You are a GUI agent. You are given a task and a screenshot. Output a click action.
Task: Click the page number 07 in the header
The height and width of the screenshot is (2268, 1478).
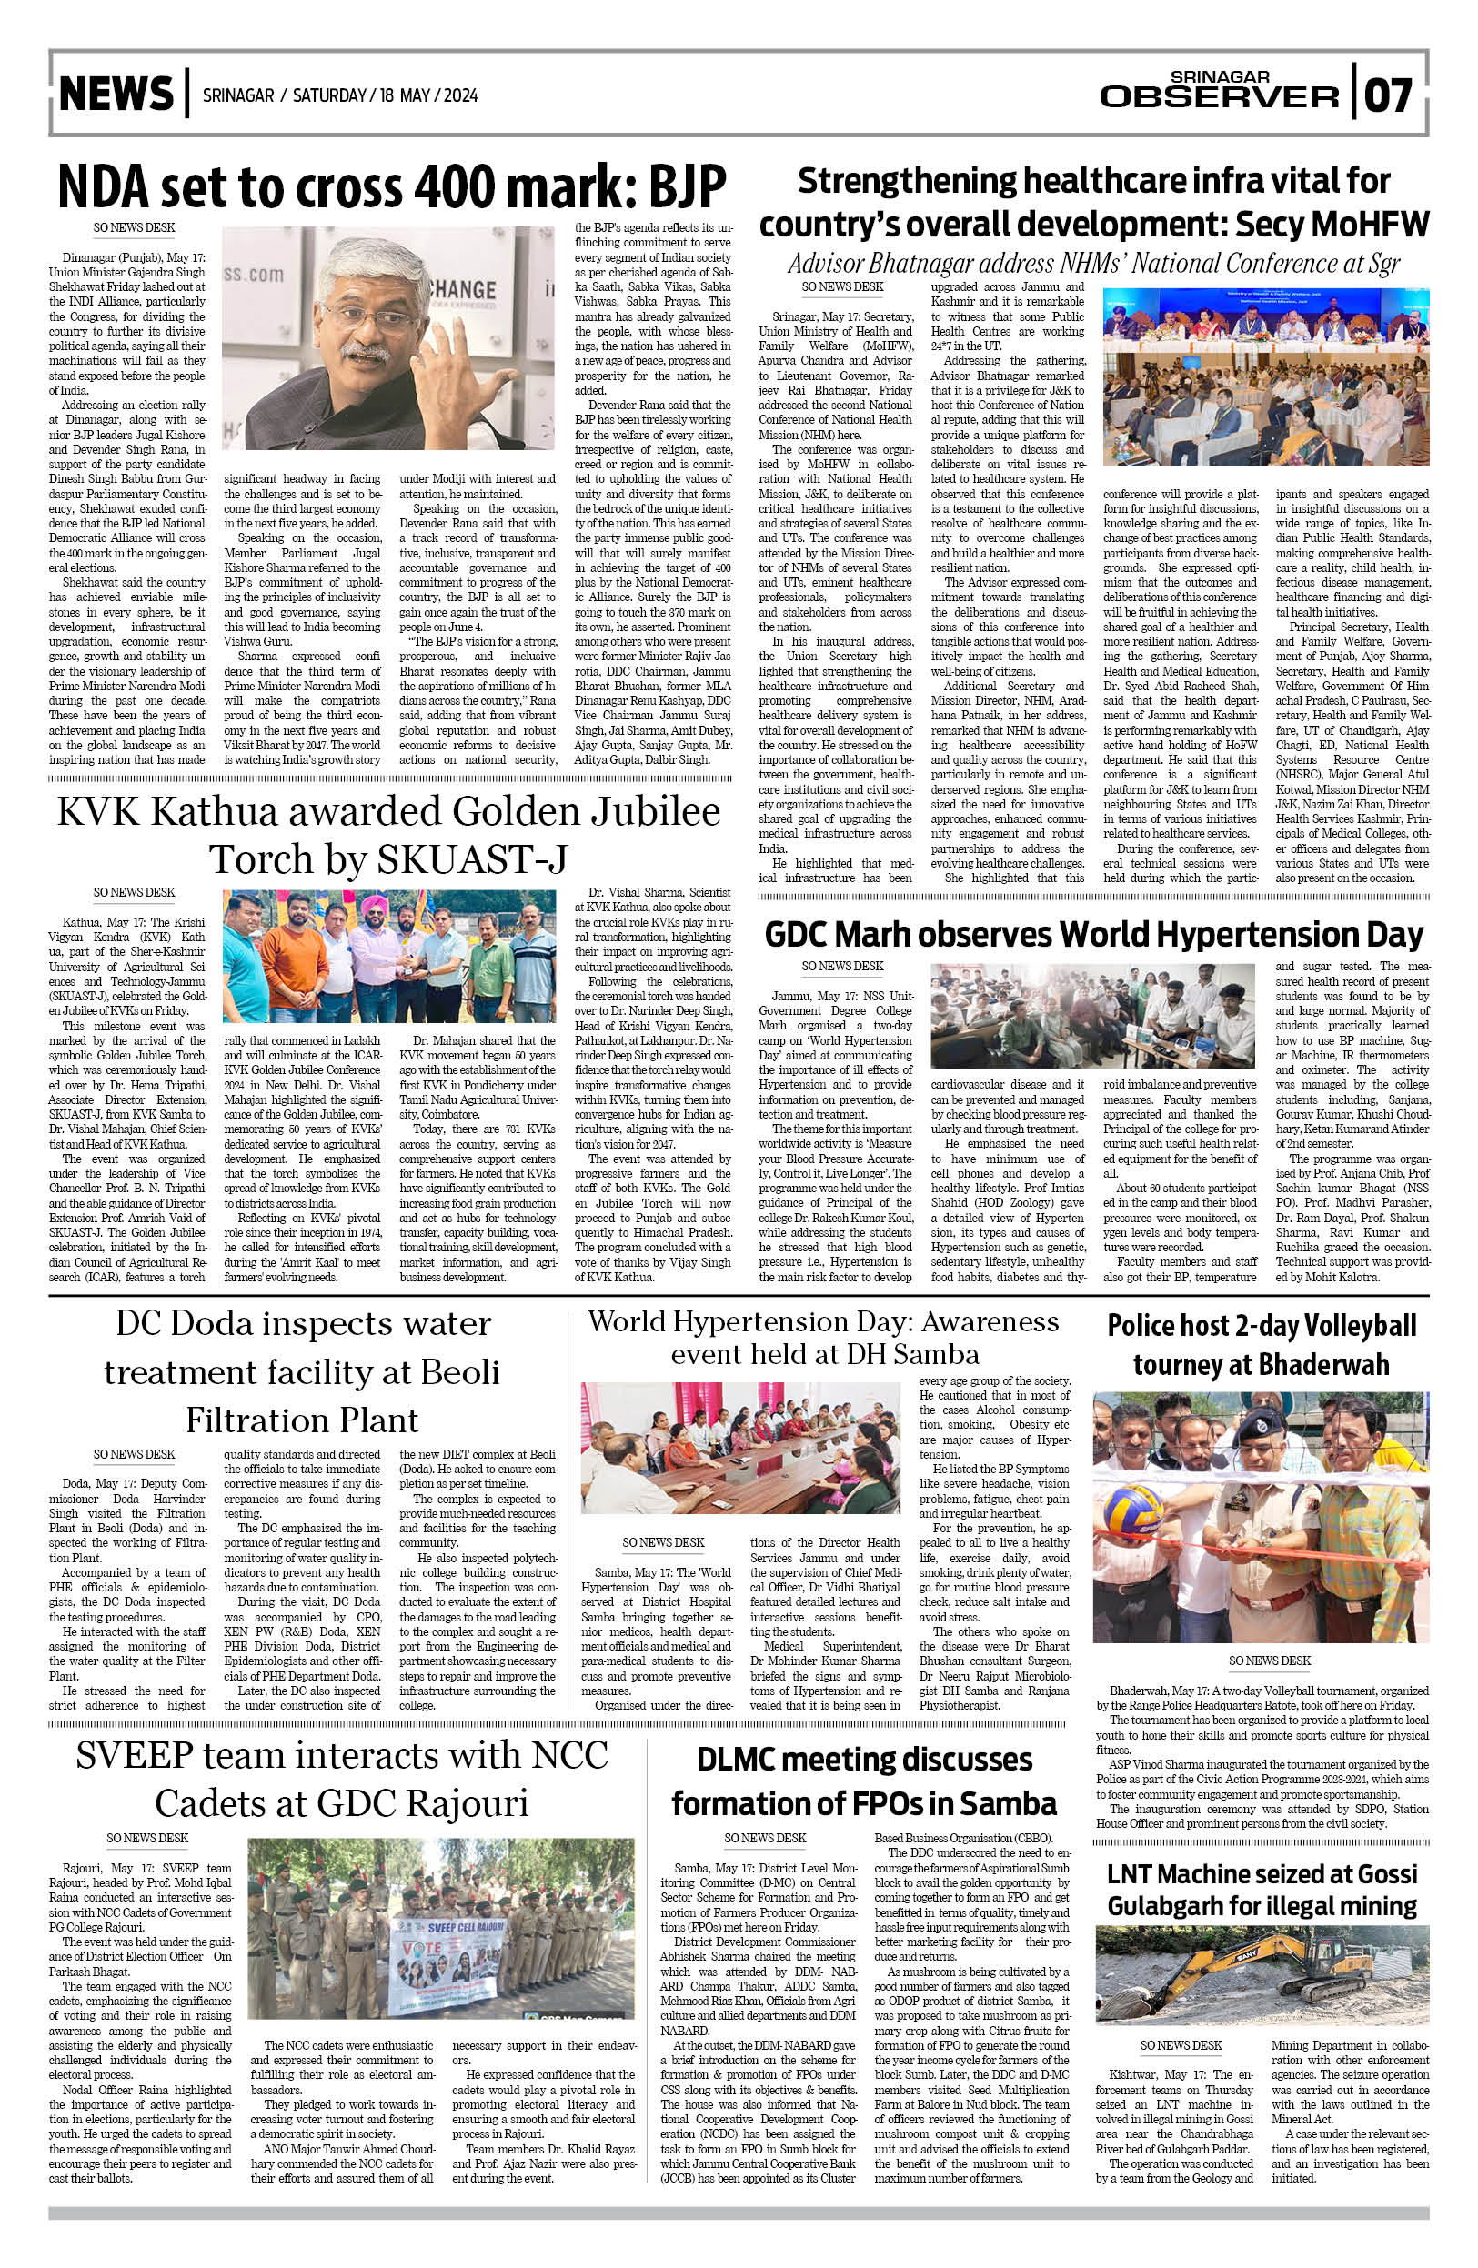1389,95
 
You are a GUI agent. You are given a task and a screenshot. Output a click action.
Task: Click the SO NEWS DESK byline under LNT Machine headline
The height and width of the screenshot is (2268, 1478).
1180,2045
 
